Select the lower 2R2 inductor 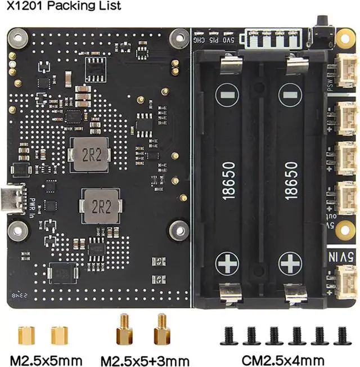coord(100,206)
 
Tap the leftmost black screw coord(231,336)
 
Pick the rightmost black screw coord(341,336)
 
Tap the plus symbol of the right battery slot coord(291,262)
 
